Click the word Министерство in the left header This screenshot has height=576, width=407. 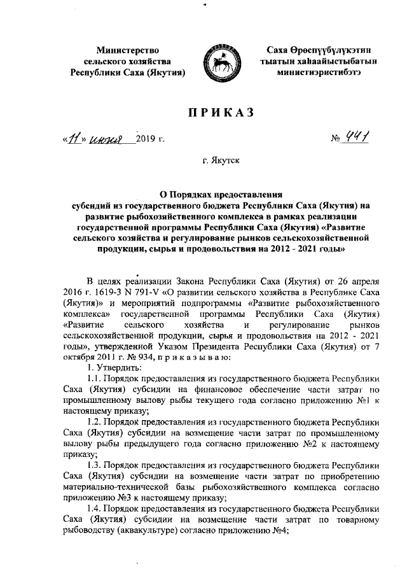[x=128, y=49]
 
